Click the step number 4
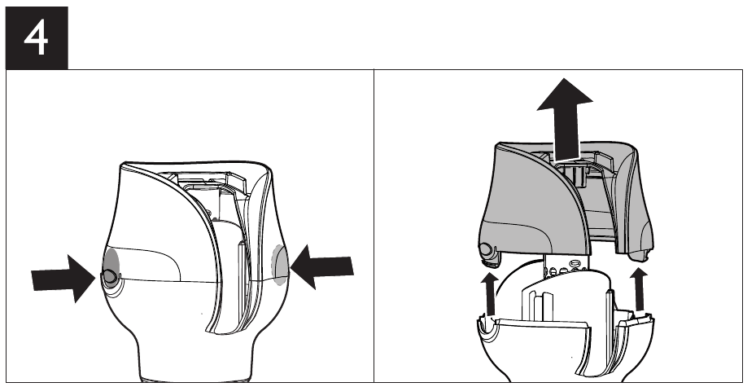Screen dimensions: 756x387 pyautogui.click(x=36, y=39)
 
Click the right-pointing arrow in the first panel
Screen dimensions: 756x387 pyautogui.click(x=63, y=279)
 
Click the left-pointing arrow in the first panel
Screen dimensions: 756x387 pyautogui.click(x=322, y=267)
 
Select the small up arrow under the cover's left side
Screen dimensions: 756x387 pyautogui.click(x=491, y=293)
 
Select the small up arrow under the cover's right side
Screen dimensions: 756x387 pyautogui.click(x=640, y=289)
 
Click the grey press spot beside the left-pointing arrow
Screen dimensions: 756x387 pyautogui.click(x=279, y=265)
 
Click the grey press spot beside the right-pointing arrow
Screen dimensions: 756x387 pyautogui.click(x=111, y=268)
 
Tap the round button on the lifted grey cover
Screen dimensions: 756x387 pyautogui.click(x=486, y=250)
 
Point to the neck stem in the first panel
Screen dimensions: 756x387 pyautogui.click(x=195, y=357)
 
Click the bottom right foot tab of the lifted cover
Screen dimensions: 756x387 pyautogui.click(x=642, y=255)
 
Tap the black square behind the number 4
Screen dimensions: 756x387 pyautogui.click(x=37, y=38)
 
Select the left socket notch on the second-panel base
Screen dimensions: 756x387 pyautogui.click(x=488, y=328)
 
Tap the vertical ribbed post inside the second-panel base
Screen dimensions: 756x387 pyautogui.click(x=539, y=306)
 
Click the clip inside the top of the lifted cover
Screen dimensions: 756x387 pyautogui.click(x=574, y=171)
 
